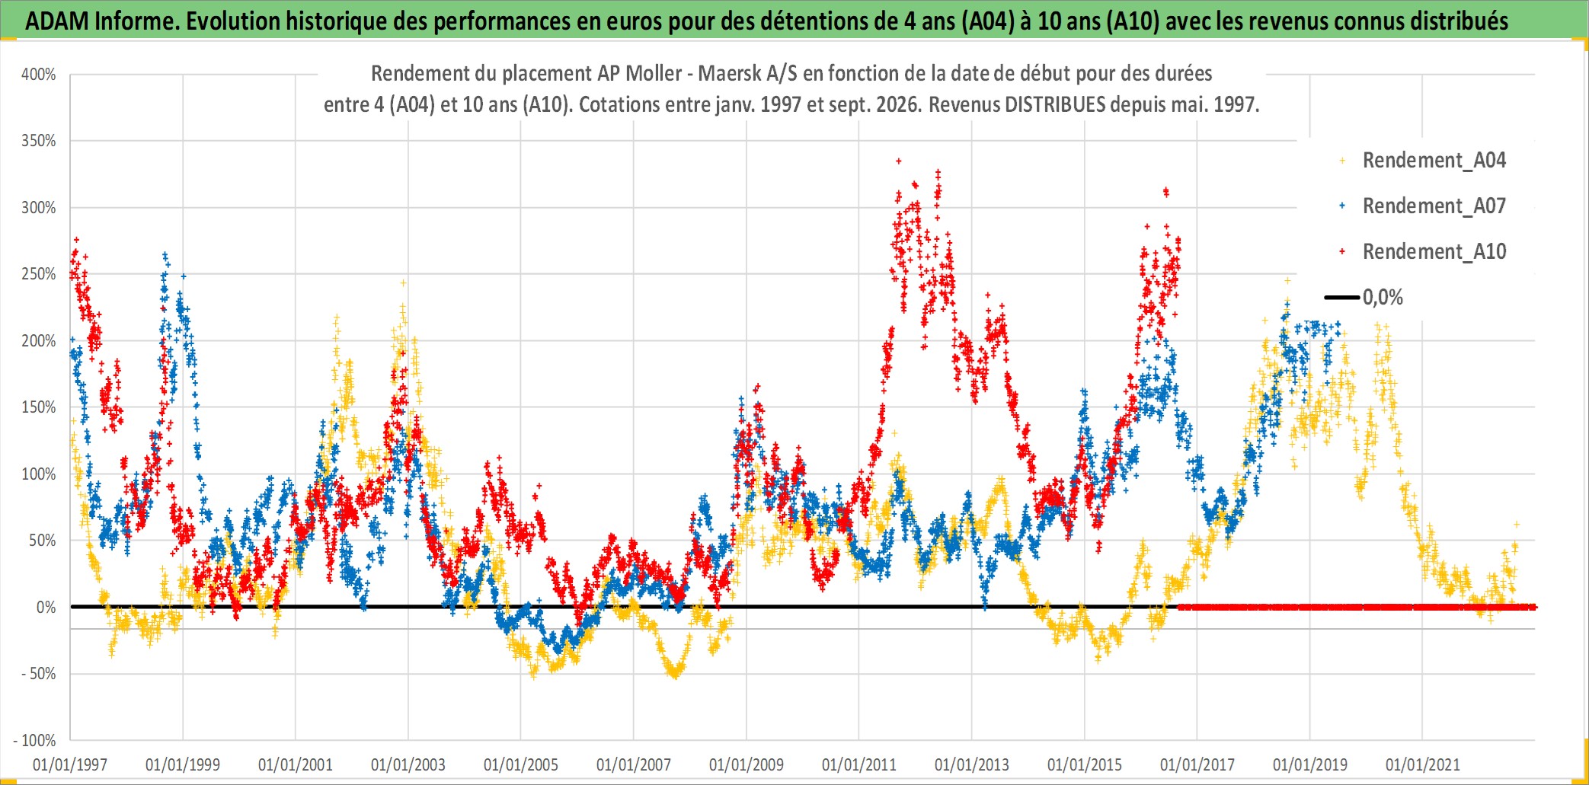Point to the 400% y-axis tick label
pos(39,75)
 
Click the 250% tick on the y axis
pos(39,274)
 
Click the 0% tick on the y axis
pos(46,608)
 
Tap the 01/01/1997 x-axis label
pos(70,764)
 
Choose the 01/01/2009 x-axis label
pos(747,764)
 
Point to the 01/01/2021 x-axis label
pos(1423,764)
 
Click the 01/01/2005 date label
pos(521,764)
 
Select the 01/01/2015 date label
pos(1085,764)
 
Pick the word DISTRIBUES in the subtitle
pos(1055,104)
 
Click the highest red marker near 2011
pos(899,161)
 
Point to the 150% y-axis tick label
pos(39,407)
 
